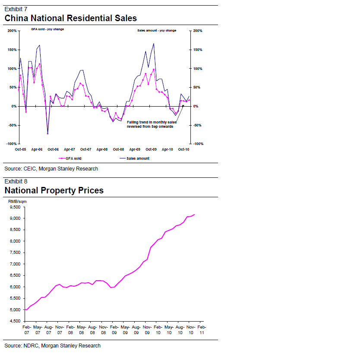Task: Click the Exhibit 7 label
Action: click(15, 9)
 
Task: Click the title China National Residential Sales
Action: click(70, 18)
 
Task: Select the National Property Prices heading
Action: click(54, 190)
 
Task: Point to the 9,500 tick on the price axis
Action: click(16, 207)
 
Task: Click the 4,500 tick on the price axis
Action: click(16, 321)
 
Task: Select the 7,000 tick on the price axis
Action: click(16, 264)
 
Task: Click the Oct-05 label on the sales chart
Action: click(20, 149)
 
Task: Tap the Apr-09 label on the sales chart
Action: click(135, 149)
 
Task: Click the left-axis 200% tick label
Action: click(12, 31)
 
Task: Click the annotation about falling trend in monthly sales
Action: click(151, 124)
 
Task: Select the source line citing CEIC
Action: click(51, 169)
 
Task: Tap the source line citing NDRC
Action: click(52, 346)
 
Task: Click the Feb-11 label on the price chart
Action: click(201, 330)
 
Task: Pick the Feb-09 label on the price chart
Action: click(113, 330)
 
